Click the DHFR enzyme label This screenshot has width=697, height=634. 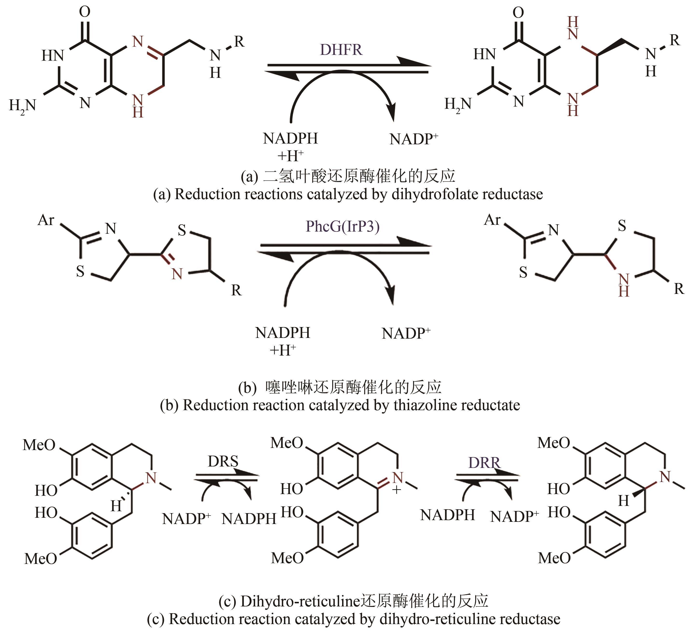[341, 50]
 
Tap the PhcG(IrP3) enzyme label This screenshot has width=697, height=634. [343, 227]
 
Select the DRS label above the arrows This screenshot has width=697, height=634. [223, 461]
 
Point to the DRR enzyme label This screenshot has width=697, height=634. [484, 463]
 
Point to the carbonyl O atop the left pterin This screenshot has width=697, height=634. [85, 11]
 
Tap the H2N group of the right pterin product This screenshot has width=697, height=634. [458, 104]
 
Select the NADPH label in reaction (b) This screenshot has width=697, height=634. [283, 333]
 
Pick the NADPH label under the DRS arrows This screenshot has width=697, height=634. [249, 519]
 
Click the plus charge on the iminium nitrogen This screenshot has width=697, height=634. [397, 490]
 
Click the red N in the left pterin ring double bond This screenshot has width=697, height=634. [138, 42]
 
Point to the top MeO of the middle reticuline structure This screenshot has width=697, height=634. [287, 443]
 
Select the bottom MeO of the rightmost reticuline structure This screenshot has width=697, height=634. [554, 558]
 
